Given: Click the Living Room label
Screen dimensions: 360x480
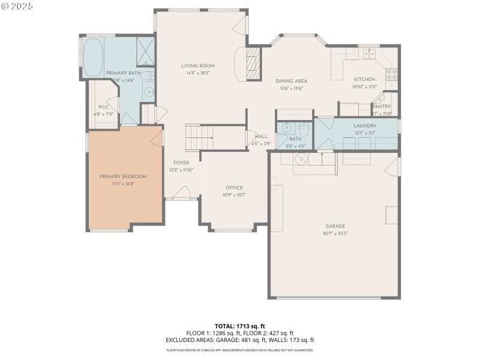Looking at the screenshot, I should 198,66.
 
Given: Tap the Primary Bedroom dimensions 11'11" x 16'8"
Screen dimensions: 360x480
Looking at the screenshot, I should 123,184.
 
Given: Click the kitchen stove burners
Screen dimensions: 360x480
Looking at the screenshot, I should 391,74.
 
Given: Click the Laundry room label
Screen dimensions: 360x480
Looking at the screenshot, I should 365,125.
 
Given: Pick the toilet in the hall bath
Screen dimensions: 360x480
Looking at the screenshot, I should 304,129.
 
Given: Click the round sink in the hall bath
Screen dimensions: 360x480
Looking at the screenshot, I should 287,128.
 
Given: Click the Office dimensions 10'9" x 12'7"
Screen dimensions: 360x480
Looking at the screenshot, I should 234,195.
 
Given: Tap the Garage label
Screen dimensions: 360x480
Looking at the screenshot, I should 335,226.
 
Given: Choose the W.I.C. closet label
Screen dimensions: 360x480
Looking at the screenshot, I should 103,106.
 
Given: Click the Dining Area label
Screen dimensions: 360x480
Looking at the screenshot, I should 292,81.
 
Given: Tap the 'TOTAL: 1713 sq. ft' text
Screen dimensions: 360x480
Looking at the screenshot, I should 239,326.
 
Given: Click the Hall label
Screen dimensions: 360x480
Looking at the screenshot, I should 261,136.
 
